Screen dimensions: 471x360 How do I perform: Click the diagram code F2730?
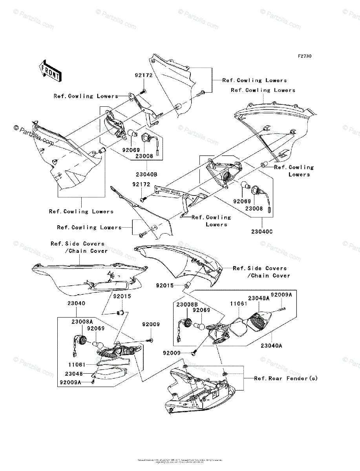[x=304, y=57]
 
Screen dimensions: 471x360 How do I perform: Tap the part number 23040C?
[x=262, y=232]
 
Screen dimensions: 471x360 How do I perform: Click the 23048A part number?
[x=259, y=298]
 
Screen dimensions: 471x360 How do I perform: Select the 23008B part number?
[x=187, y=304]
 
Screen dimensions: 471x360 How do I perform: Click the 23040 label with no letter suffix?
[x=76, y=303]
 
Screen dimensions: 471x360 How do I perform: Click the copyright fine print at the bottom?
[x=180, y=461]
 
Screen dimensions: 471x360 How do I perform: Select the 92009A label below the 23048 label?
[x=71, y=382]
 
